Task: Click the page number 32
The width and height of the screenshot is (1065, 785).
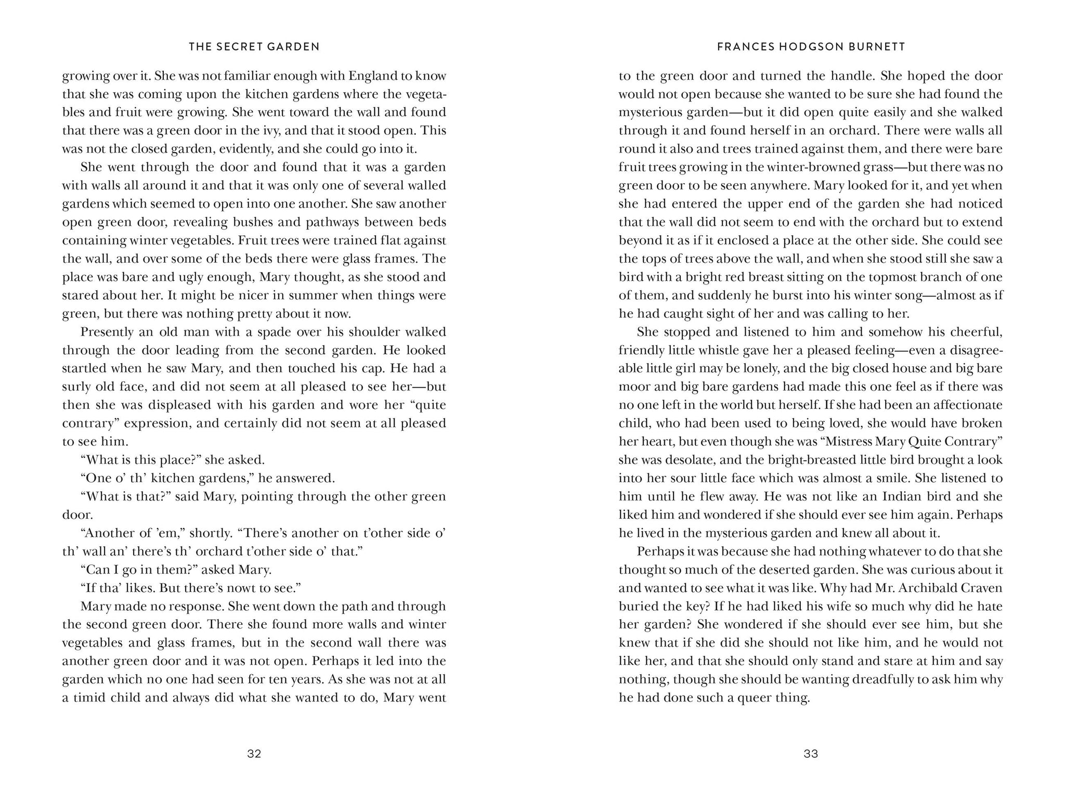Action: click(254, 754)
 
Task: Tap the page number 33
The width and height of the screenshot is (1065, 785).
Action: click(811, 754)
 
